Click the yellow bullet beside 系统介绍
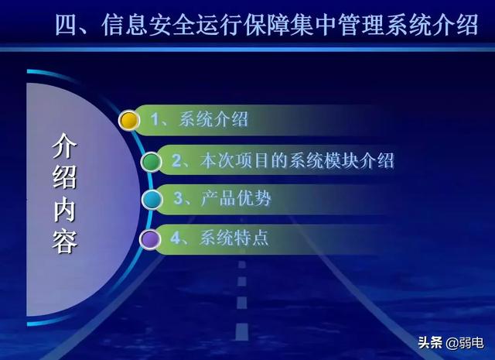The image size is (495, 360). (x=129, y=120)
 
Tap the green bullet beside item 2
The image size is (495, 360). (x=152, y=161)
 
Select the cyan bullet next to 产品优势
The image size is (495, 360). (x=152, y=199)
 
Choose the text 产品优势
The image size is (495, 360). (x=235, y=199)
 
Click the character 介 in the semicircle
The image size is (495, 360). (x=65, y=146)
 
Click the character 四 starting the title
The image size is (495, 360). (x=67, y=25)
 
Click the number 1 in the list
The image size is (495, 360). (x=155, y=120)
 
